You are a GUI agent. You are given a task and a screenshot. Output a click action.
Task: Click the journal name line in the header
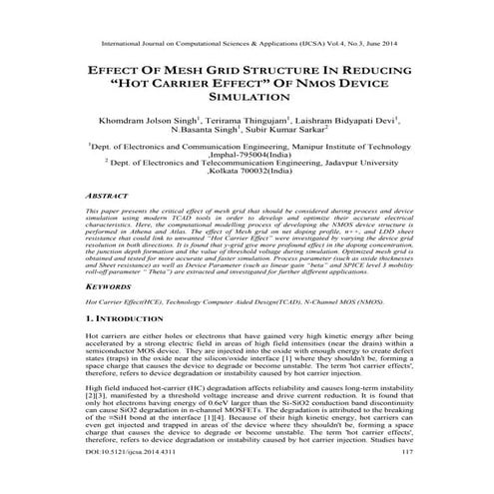(247, 44)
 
